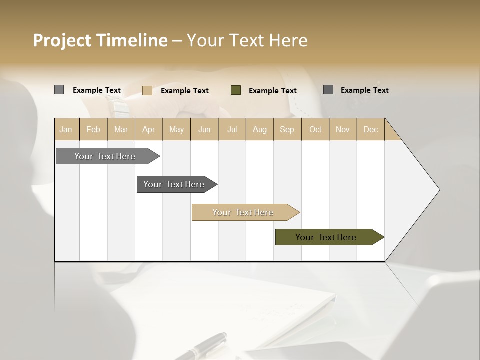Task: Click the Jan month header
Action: (x=66, y=129)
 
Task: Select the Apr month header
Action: (x=149, y=129)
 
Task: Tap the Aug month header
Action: (x=259, y=129)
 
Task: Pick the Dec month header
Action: (x=370, y=129)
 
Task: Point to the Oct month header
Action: (x=315, y=129)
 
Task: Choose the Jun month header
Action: (x=204, y=129)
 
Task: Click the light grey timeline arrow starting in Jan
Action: (x=105, y=156)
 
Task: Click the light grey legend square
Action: (x=59, y=90)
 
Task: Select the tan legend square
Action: (x=147, y=90)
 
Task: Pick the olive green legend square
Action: (x=235, y=90)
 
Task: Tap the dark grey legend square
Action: (x=328, y=90)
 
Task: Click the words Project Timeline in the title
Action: (x=100, y=40)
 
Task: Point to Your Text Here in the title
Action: (x=247, y=40)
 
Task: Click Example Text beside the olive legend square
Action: (x=272, y=90)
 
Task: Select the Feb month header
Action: (x=93, y=129)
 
